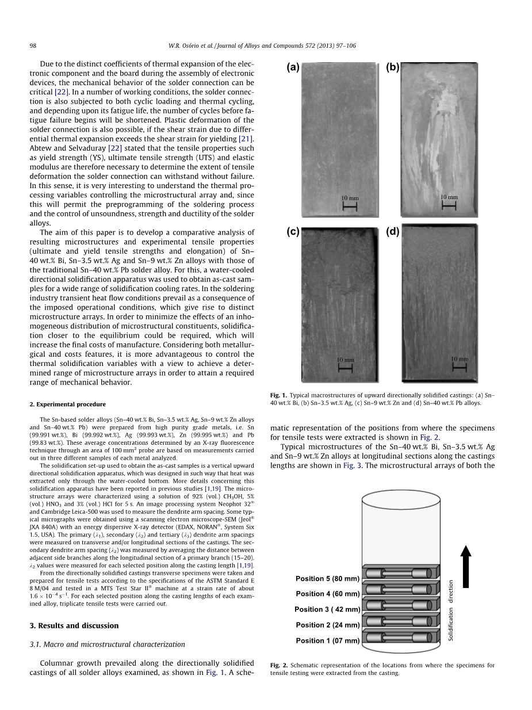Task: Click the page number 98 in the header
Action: [33, 46]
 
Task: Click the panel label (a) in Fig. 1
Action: [293, 67]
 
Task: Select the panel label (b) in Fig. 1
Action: [393, 67]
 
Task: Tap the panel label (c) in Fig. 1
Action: [293, 231]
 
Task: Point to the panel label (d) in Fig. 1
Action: [393, 231]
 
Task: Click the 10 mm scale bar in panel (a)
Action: [350, 204]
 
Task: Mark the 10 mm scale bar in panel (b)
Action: [449, 202]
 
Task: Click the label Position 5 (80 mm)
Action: [327, 578]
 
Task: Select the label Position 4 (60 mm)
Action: [327, 594]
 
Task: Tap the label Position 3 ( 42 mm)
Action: [327, 609]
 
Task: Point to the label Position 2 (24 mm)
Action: [327, 625]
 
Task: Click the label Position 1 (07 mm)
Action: [327, 640]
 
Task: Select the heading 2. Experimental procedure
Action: [67, 404]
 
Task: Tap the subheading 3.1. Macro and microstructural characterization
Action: [107, 644]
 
